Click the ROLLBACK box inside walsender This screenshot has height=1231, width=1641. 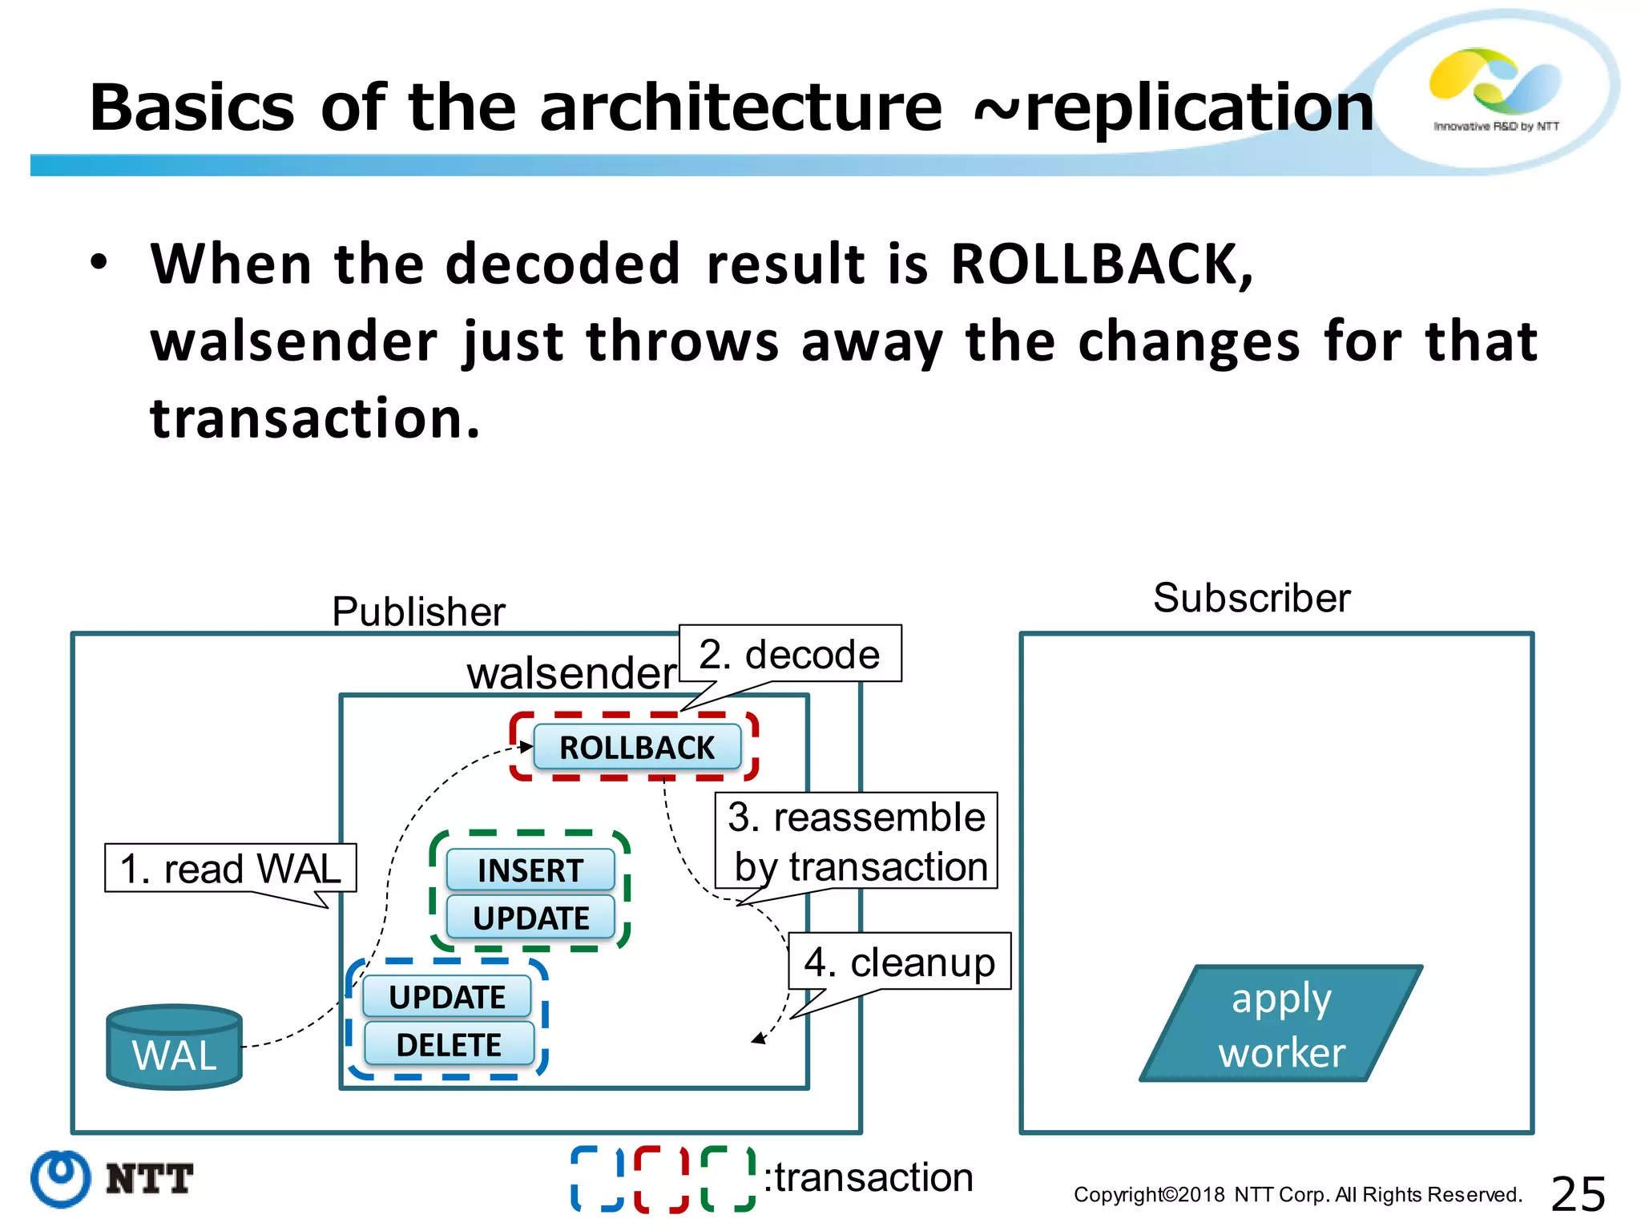[x=637, y=748]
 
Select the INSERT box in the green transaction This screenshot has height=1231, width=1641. [x=530, y=870]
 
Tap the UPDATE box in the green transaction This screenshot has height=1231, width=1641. [x=530, y=918]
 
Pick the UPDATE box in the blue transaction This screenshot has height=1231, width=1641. [x=446, y=997]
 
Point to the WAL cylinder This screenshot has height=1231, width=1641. [x=174, y=1047]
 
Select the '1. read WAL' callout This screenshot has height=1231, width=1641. [x=230, y=869]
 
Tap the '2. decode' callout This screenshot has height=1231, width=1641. [x=789, y=654]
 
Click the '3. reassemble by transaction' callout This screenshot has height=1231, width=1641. [x=857, y=841]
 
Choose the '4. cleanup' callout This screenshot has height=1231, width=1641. [x=899, y=962]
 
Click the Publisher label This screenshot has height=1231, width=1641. [x=418, y=611]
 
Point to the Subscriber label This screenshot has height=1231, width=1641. [x=1252, y=598]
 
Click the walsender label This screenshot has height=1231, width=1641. [x=571, y=672]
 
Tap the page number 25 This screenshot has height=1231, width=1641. [x=1578, y=1194]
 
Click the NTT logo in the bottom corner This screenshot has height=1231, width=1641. [x=112, y=1179]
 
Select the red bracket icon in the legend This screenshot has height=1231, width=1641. [x=660, y=1179]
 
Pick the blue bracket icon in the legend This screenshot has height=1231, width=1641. [x=597, y=1179]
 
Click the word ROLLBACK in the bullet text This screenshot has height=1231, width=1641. [x=1101, y=264]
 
